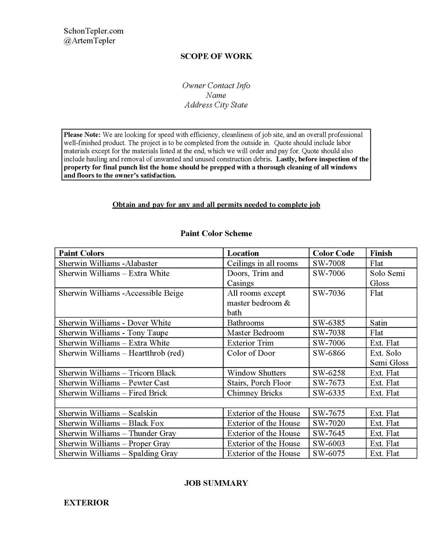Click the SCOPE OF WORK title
click(x=216, y=56)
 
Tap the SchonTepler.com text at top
click(x=94, y=31)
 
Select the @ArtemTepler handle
click(x=89, y=41)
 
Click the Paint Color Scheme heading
click(x=216, y=233)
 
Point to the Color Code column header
click(x=333, y=253)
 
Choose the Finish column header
click(x=381, y=253)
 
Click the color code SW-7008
click(x=329, y=264)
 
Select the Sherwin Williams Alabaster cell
click(x=109, y=264)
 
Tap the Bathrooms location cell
click(x=246, y=323)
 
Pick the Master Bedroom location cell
click(x=255, y=333)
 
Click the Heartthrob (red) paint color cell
click(x=122, y=353)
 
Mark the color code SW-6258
click(x=329, y=373)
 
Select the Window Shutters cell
click(x=257, y=373)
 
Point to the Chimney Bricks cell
click(x=255, y=393)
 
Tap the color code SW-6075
click(x=329, y=454)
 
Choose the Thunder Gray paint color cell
click(x=117, y=434)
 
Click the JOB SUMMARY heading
click(x=216, y=484)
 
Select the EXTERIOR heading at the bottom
click(x=87, y=503)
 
